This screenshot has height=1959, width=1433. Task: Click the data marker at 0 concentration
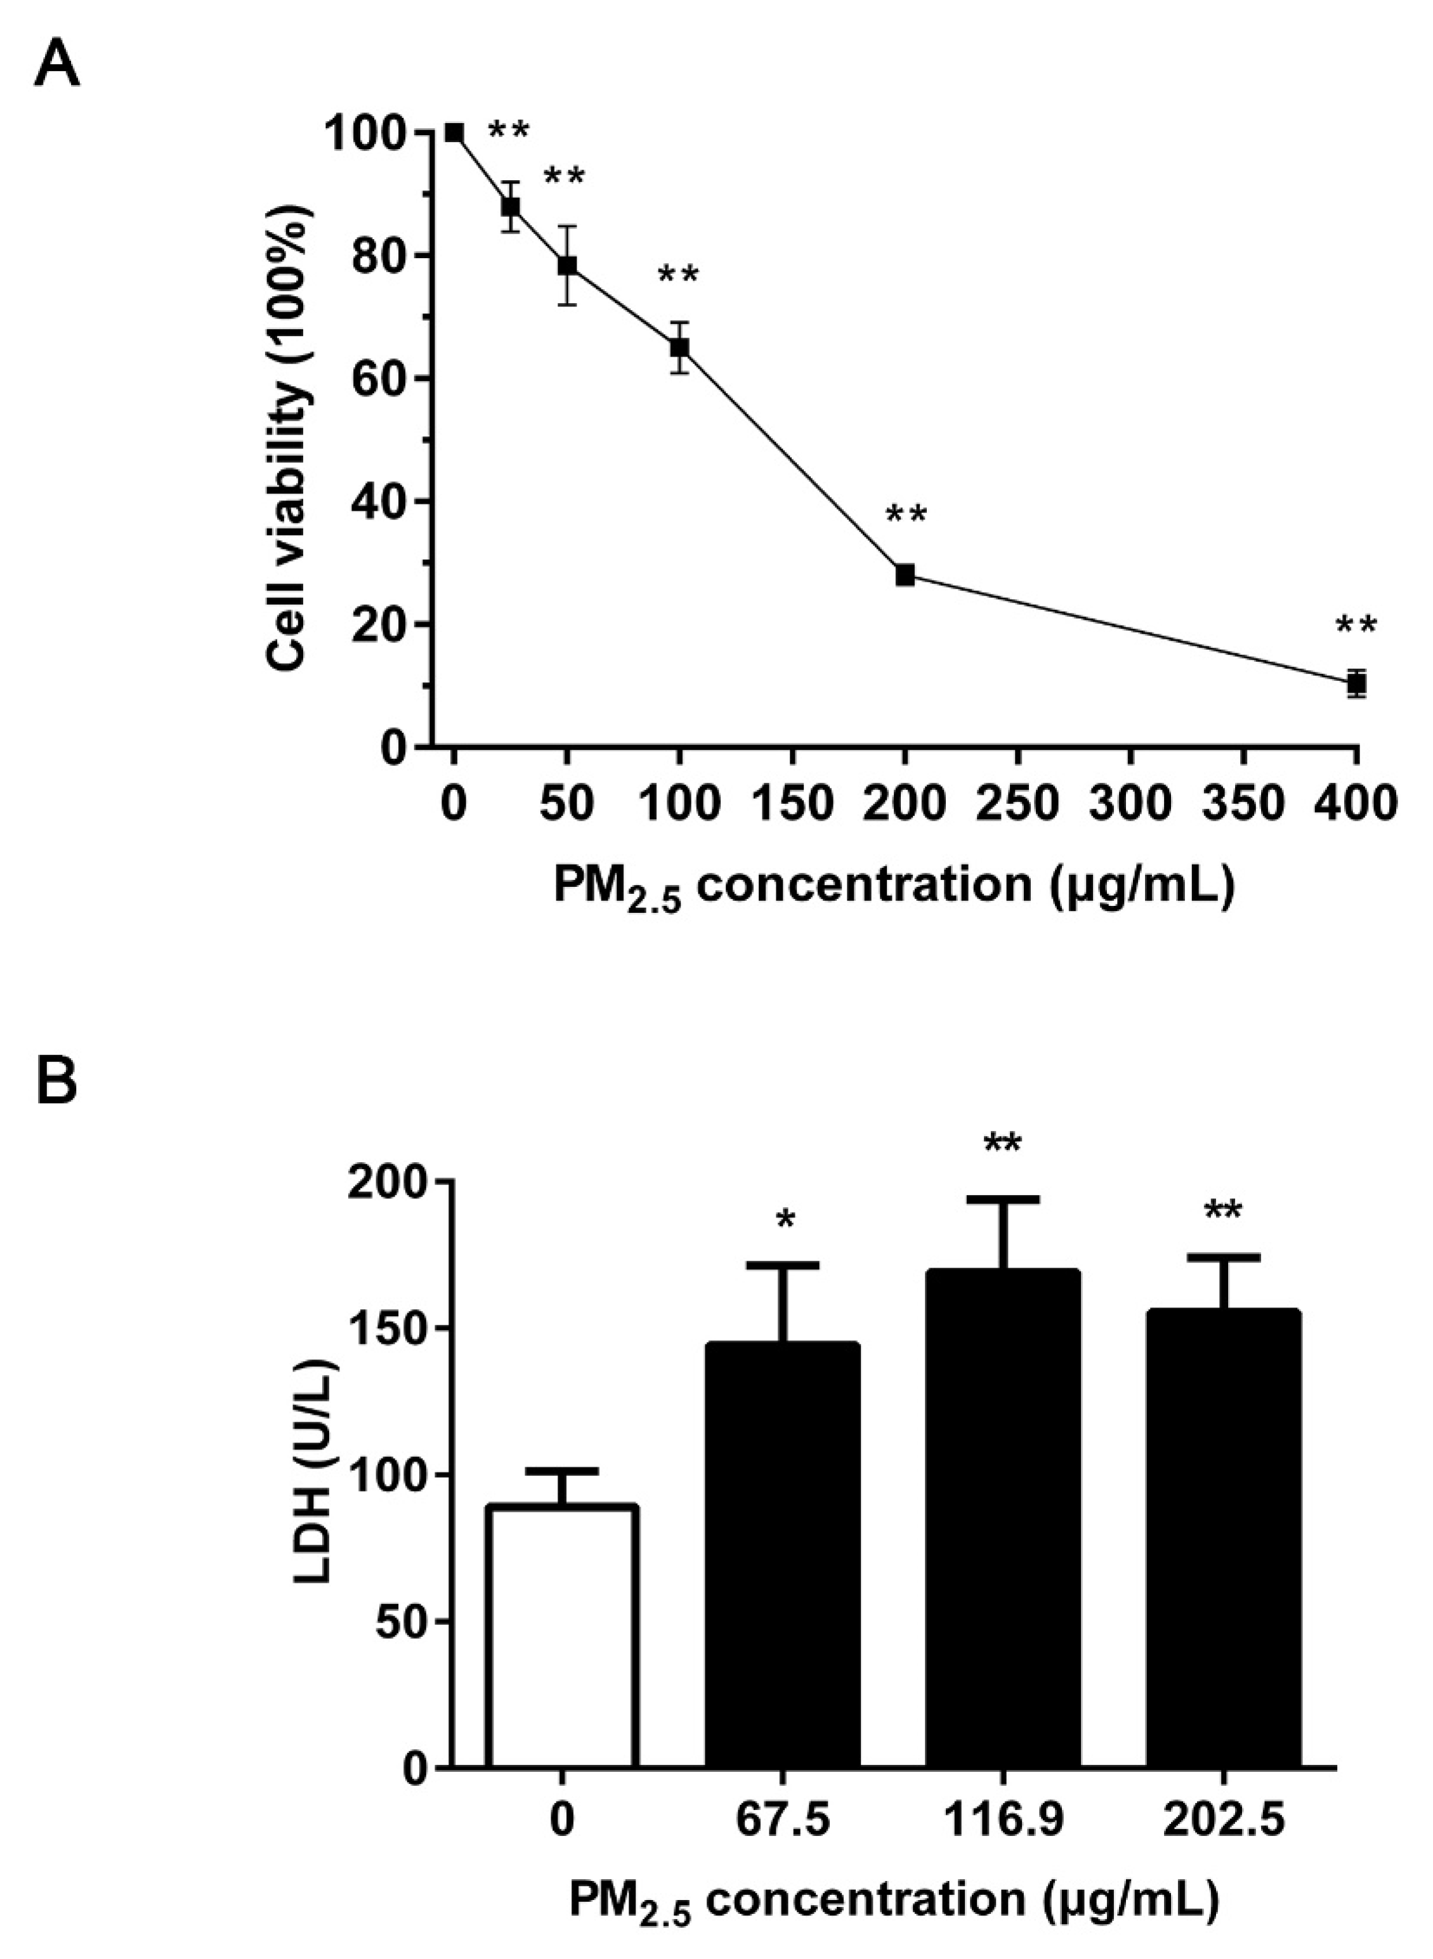pyautogui.click(x=454, y=133)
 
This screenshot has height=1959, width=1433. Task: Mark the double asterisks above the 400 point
pyautogui.click(x=1356, y=626)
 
